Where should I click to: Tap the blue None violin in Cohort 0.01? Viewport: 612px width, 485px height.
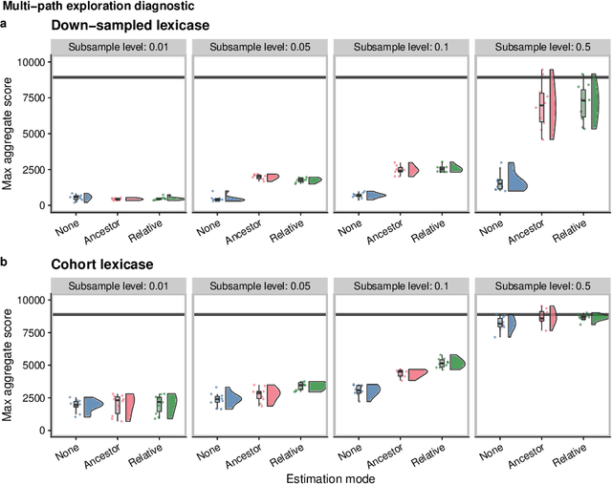point(93,404)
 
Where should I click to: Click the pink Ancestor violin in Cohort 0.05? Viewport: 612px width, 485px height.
point(272,393)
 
